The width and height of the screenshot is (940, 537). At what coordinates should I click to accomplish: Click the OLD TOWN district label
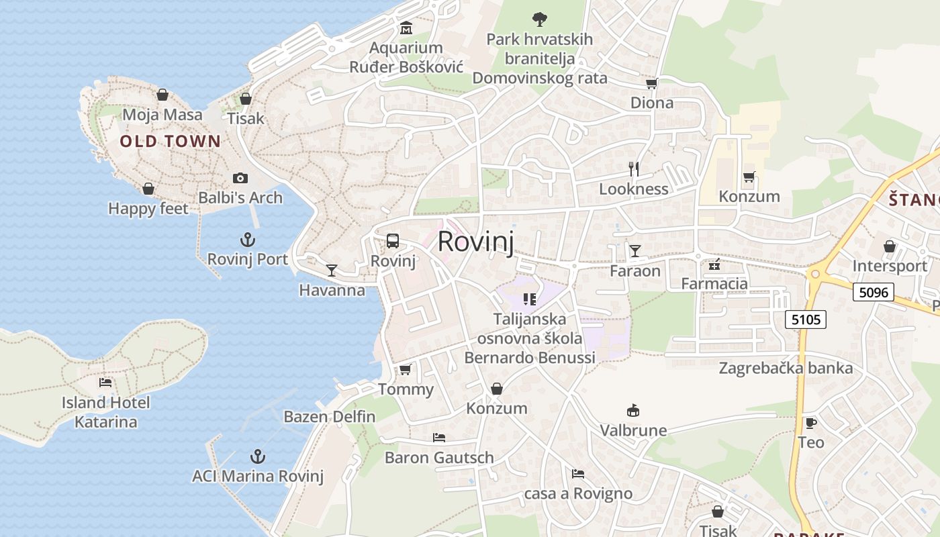170,141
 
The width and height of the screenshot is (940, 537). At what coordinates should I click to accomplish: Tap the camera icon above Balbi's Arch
240,178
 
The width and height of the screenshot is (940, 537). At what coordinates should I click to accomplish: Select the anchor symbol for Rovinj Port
248,240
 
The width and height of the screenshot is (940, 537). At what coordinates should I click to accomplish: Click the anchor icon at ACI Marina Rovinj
257,457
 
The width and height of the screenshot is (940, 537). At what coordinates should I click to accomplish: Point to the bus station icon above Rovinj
393,241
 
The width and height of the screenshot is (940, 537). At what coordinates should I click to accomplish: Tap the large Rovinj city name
475,242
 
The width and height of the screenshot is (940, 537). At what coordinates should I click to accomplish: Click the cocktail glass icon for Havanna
331,271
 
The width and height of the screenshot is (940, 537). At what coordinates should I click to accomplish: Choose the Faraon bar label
635,271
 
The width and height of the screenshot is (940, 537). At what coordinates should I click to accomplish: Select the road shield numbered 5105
806,320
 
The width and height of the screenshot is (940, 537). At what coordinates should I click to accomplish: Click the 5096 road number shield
874,292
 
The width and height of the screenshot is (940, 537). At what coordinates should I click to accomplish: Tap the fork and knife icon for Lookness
633,168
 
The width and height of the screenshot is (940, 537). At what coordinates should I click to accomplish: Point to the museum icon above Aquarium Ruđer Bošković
406,28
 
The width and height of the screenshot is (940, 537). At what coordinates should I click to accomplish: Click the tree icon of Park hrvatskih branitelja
539,19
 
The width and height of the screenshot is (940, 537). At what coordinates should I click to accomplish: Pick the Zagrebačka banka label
786,368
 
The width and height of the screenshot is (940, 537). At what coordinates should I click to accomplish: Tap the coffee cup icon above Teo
810,423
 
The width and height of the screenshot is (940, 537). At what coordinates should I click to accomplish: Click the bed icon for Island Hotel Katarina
105,383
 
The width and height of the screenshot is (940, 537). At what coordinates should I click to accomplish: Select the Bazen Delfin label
330,416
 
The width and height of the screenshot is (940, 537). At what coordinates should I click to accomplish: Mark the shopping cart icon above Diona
651,83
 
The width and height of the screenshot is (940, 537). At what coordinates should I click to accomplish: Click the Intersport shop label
889,266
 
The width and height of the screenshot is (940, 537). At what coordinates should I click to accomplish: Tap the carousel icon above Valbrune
632,410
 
